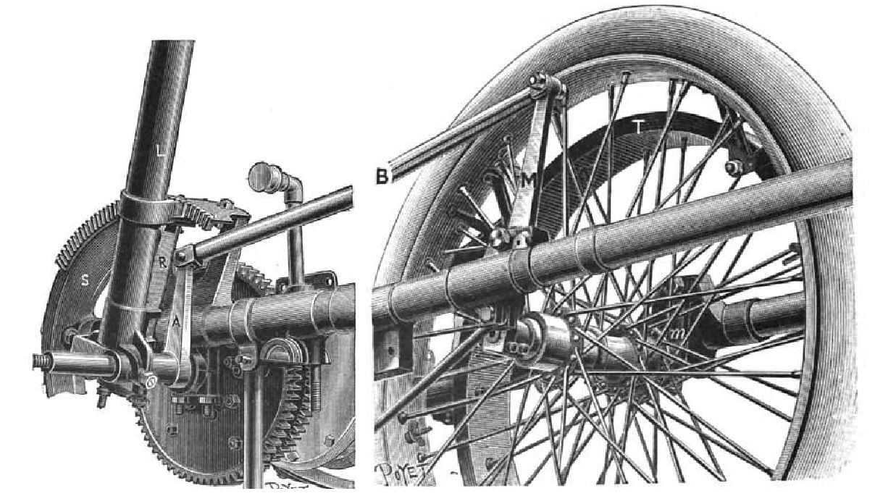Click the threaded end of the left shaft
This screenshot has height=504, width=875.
click(43, 360)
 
